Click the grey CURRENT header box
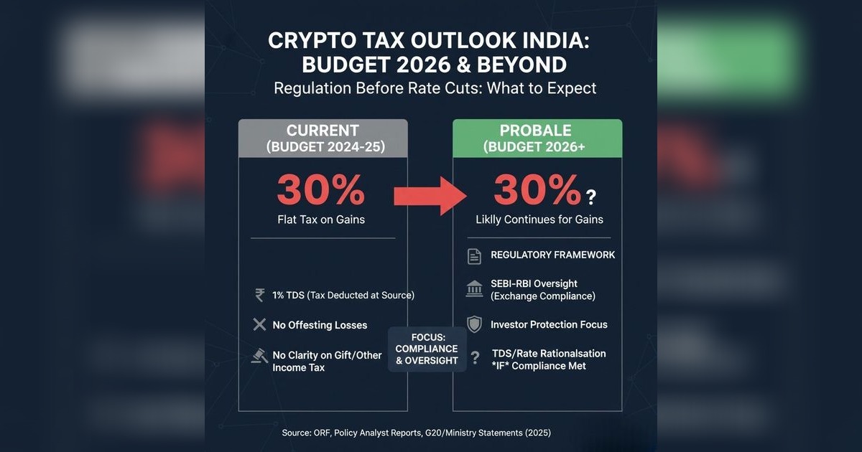coord(323,138)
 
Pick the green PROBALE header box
coord(537,138)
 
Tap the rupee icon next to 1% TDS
coord(259,295)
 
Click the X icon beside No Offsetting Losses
coord(259,325)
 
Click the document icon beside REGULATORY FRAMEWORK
coord(474,255)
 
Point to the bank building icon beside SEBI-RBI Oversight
coord(474,289)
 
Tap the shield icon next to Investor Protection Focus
coord(474,324)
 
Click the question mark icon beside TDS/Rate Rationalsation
coord(474,357)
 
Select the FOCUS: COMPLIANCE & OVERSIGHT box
coord(427,349)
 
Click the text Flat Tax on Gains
coord(320,220)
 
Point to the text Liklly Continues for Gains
coord(539,220)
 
